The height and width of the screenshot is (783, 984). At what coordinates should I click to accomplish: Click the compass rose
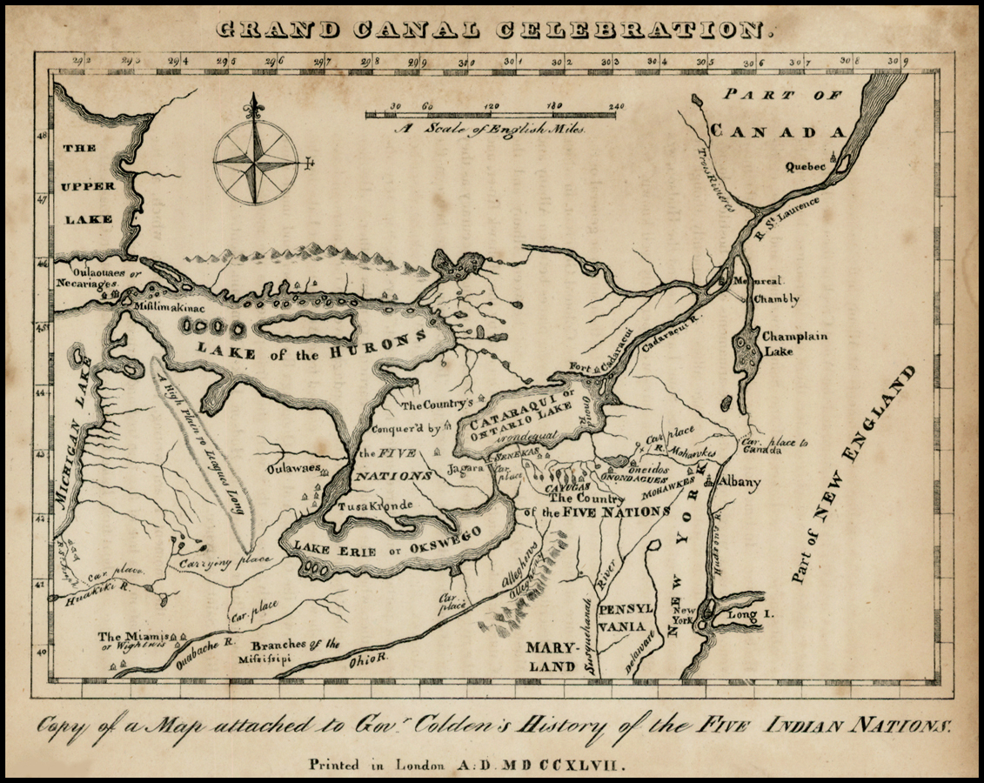click(255, 162)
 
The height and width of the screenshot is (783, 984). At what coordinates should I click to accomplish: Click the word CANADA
click(776, 131)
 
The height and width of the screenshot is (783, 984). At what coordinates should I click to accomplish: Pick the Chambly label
click(776, 299)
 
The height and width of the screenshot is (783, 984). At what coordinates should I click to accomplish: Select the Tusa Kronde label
click(375, 505)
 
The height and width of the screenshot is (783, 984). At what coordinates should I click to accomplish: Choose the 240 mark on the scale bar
click(616, 106)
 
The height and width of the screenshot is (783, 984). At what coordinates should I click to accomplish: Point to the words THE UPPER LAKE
click(87, 184)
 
